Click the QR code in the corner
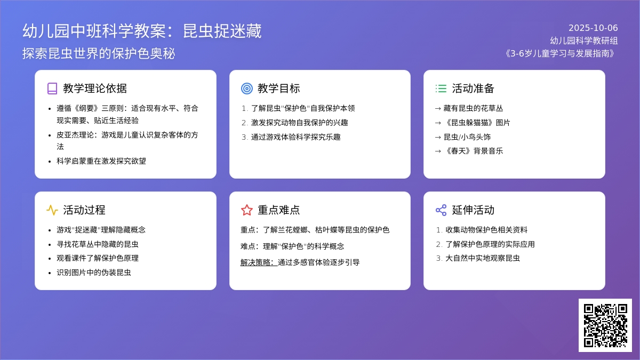pyautogui.click(x=605, y=325)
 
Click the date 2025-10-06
pyautogui.click(x=593, y=28)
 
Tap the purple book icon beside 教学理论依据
pyautogui.click(x=52, y=89)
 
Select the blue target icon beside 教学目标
pyautogui.click(x=247, y=89)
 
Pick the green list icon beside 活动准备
pyautogui.click(x=441, y=89)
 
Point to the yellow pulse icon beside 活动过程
pyautogui.click(x=52, y=210)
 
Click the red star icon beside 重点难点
pyautogui.click(x=247, y=210)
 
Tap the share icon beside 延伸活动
pyautogui.click(x=441, y=210)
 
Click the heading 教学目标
pyautogui.click(x=278, y=89)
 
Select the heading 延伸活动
pyautogui.click(x=473, y=210)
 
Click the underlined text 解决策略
pyautogui.click(x=259, y=262)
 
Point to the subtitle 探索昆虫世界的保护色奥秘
pyautogui.click(x=99, y=54)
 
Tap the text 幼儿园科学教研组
pyautogui.click(x=584, y=41)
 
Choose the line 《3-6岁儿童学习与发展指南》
pyautogui.click(x=560, y=53)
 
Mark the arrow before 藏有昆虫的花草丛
pyautogui.click(x=438, y=109)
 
